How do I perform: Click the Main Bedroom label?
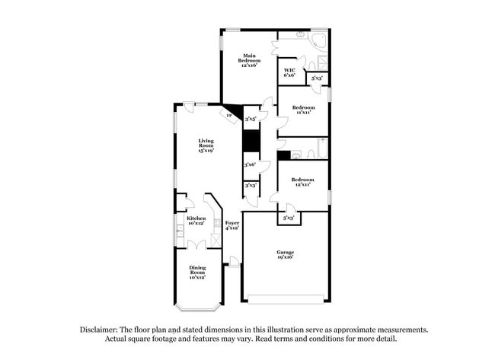(x=249, y=60)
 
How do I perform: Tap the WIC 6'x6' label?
(x=289, y=72)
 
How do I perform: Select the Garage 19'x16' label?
(x=286, y=254)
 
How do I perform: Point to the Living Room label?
(x=206, y=145)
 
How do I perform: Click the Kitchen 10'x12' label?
(x=196, y=221)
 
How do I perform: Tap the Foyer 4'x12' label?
(x=232, y=225)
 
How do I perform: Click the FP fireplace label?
(x=228, y=115)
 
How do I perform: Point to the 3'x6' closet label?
(x=250, y=164)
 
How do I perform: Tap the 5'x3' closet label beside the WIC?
(x=316, y=78)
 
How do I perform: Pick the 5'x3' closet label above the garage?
(x=289, y=218)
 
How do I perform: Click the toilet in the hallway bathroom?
(x=299, y=154)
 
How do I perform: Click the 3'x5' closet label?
(x=251, y=119)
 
